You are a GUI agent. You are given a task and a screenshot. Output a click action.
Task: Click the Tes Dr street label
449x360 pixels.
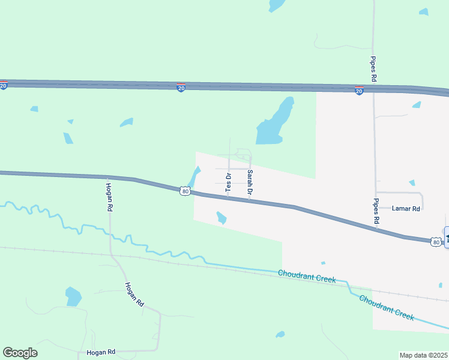click(228, 182)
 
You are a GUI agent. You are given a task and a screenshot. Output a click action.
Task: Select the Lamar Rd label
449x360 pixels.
click(406, 209)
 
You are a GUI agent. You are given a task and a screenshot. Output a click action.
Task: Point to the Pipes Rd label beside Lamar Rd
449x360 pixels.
click(376, 211)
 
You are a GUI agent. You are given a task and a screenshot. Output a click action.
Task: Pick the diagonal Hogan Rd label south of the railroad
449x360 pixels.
click(134, 295)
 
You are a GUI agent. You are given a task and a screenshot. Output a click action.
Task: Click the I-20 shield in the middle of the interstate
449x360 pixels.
click(181, 88)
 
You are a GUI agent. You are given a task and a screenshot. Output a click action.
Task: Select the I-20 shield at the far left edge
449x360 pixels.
click(3, 86)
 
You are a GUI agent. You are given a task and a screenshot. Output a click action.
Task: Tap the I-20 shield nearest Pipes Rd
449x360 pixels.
click(359, 91)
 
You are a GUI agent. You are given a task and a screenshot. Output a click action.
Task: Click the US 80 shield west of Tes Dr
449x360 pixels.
click(185, 191)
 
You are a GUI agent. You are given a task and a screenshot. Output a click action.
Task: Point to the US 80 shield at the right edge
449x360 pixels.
click(436, 241)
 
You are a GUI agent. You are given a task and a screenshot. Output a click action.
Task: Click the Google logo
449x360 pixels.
click(20, 353)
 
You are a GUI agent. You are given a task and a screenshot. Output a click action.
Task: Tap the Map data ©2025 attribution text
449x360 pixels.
click(424, 355)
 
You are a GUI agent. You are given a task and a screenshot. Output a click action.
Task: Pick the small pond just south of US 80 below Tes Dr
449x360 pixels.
click(221, 217)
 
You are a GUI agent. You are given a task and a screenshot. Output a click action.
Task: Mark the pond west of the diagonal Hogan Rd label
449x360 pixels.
click(73, 296)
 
